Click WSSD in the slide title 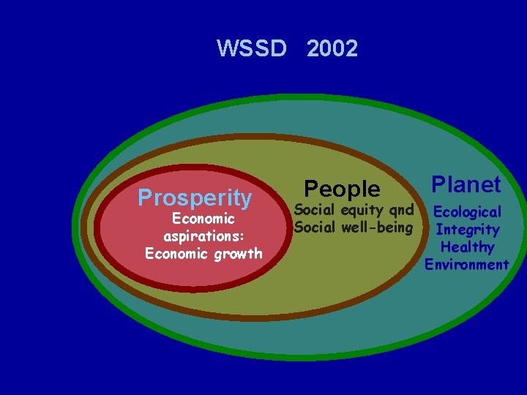(x=251, y=49)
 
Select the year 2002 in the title (x=332, y=49)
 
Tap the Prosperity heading (x=195, y=197)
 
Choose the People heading (x=342, y=189)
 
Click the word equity (x=364, y=211)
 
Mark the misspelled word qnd (x=401, y=211)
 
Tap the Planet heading (x=466, y=184)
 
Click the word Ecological (x=467, y=212)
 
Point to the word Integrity (x=467, y=230)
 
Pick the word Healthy (x=467, y=247)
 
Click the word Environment (x=466, y=265)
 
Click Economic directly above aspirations (x=203, y=219)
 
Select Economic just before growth (x=173, y=254)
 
